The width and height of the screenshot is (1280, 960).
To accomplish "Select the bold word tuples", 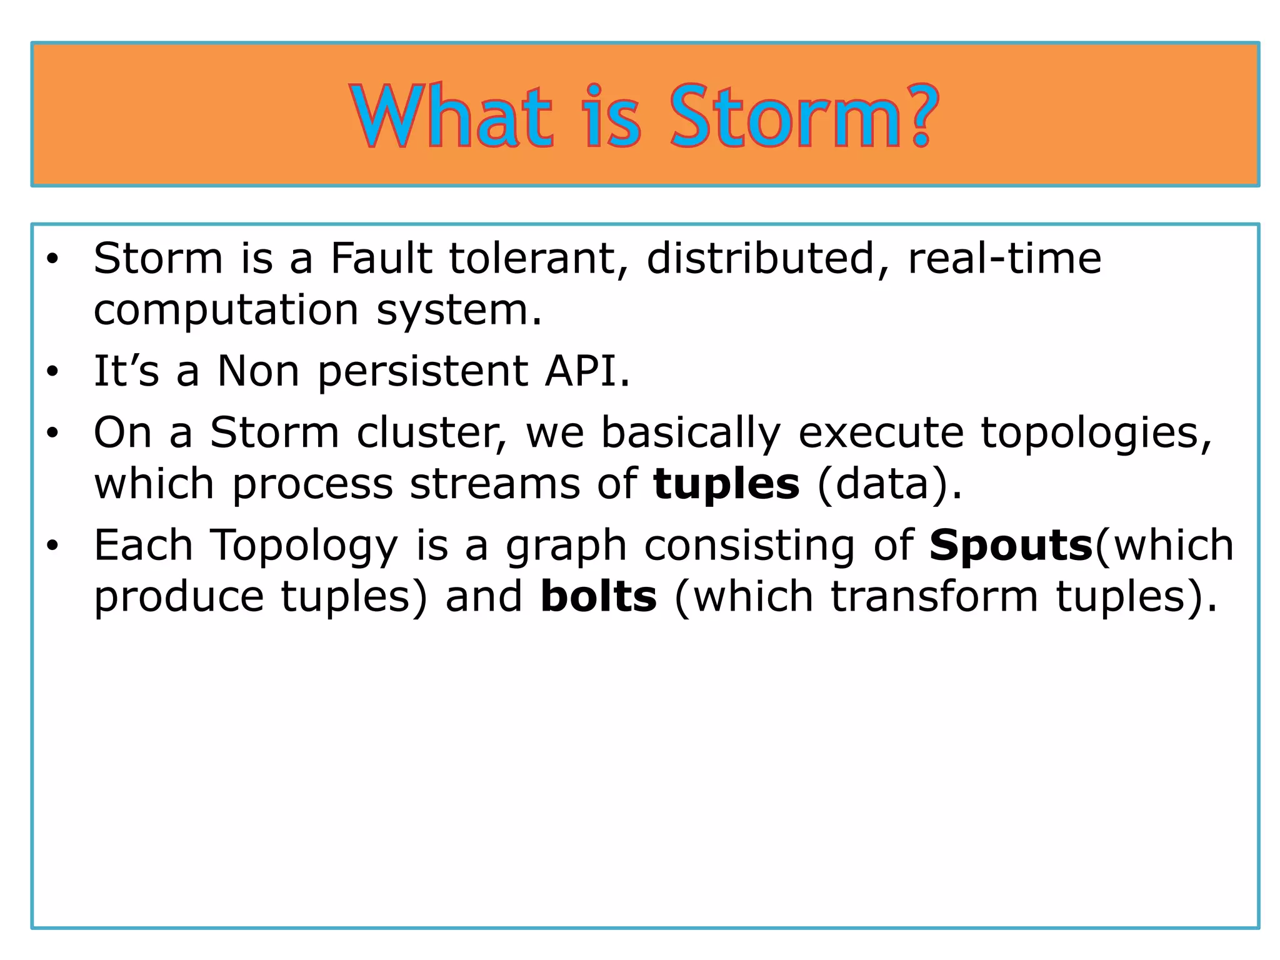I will point(726,484).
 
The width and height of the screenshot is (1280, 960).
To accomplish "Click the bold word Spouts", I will point(1011,545).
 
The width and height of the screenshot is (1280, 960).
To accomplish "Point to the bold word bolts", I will point(598,596).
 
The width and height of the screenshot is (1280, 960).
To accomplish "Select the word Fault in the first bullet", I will point(381,258).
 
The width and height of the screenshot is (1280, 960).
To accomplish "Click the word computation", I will point(226,311).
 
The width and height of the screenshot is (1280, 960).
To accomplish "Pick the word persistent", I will point(423,371).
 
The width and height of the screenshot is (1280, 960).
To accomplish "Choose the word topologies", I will point(1096,434).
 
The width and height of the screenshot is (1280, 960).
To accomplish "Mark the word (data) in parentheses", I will point(889,484).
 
